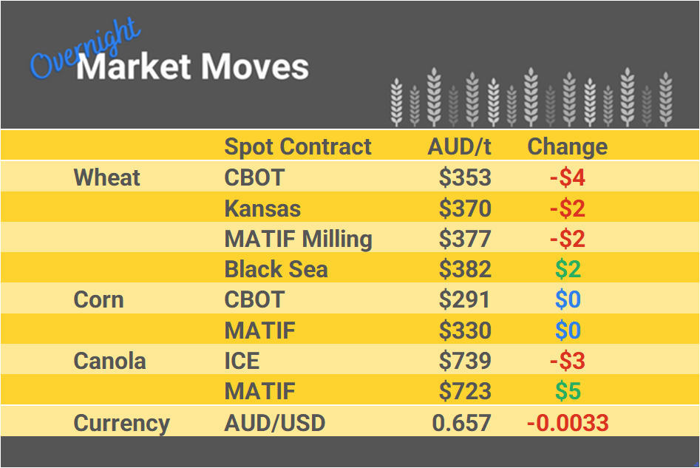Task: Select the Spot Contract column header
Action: point(298,146)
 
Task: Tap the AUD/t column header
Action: point(459,146)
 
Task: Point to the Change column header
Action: point(567,146)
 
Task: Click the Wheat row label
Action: point(107,177)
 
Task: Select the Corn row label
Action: point(98,299)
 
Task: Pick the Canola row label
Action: point(109,361)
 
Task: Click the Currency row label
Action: point(121,423)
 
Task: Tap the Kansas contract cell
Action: point(262,208)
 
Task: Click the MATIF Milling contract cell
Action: point(298,239)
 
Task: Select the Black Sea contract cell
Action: point(276,269)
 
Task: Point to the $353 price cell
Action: point(465,177)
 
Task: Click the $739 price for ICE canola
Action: point(465,361)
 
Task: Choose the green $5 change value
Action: point(568,391)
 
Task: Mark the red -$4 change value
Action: point(567,177)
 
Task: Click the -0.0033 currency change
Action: point(567,423)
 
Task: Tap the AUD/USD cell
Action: point(274,423)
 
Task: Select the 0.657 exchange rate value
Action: point(462,423)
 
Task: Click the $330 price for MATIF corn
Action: point(465,330)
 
